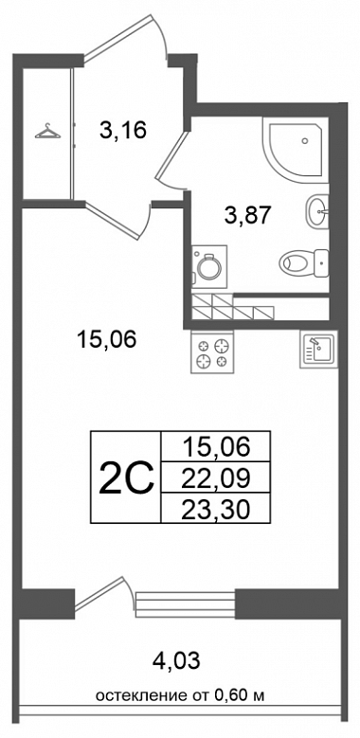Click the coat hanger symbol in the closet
pos(47,132)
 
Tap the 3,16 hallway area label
pos(123,130)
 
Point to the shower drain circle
pos(305,141)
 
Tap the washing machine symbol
pos(209,265)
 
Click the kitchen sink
pos(317,350)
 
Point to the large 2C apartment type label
pos(126,477)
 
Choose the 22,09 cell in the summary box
pos(216,478)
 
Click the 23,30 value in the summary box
pos(216,509)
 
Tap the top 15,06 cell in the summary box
pos(216,446)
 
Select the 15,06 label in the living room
pos(106,339)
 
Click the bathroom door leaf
pos(171,154)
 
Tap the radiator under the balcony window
pos(185,602)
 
